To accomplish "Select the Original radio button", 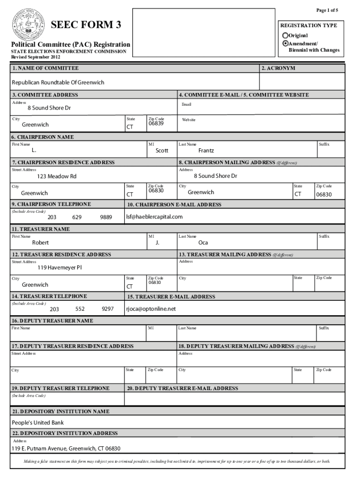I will pyautogui.click(x=285, y=36).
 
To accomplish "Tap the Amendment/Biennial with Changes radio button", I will pyautogui.click(x=285, y=43).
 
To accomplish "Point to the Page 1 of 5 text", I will pyautogui.click(x=327, y=10).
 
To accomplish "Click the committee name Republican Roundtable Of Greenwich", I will pyautogui.click(x=58, y=83).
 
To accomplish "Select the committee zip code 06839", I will pyautogui.click(x=156, y=123).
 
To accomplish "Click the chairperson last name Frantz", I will pyautogui.click(x=206, y=151).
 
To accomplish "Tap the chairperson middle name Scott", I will pyautogui.click(x=162, y=151).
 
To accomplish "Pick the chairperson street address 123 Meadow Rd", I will pyautogui.click(x=57, y=176).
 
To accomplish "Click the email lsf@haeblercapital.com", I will pyautogui.click(x=154, y=217).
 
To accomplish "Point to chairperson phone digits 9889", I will pyautogui.click(x=106, y=217).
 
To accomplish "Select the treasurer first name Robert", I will pyautogui.click(x=40, y=243).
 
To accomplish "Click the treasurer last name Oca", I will pyautogui.click(x=203, y=243).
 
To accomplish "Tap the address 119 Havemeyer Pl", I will pyautogui.click(x=60, y=268).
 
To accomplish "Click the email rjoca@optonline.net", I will pyautogui.click(x=151, y=309).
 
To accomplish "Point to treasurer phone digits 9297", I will pyautogui.click(x=108, y=309).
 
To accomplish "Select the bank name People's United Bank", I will pyautogui.click(x=37, y=423).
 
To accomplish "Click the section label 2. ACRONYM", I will pyautogui.click(x=278, y=68).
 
